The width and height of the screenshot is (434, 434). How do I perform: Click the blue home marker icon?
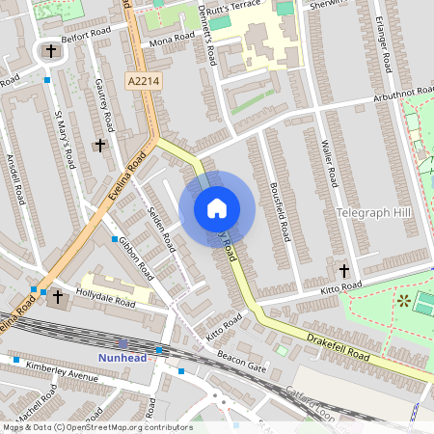pos(217,207)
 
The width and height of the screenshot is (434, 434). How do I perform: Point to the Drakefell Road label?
pos(337,347)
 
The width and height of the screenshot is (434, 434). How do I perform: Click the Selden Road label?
pos(161,226)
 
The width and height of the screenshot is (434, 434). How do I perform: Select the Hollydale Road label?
pos(109,294)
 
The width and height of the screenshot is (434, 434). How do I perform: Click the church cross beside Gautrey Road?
pos(100,145)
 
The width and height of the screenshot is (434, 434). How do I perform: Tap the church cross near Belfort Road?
pos(50,50)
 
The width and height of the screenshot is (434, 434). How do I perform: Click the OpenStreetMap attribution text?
pos(96,426)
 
